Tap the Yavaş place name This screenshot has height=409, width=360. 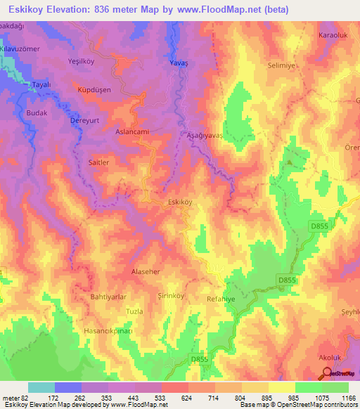[179, 63]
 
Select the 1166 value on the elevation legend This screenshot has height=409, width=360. [345, 398]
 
